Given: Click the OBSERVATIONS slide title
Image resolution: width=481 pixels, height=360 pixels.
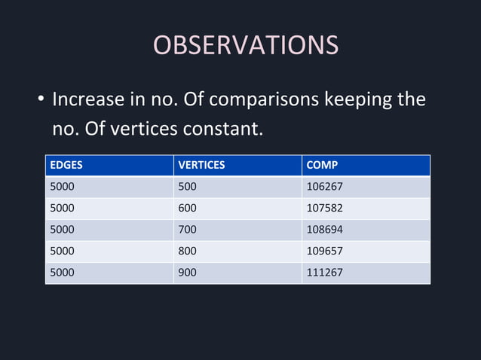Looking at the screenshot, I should click(x=246, y=45).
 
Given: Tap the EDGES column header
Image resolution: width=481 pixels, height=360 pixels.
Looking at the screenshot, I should click(x=66, y=164).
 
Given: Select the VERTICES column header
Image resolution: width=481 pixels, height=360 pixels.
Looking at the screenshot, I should click(x=201, y=164).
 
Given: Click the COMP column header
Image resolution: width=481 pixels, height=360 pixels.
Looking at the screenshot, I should click(x=322, y=164).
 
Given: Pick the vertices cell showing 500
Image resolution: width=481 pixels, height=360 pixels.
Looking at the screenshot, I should click(x=186, y=186).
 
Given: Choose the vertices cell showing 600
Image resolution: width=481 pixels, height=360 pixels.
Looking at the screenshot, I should click(x=186, y=208).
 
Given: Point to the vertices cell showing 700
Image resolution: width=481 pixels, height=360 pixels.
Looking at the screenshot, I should click(x=186, y=230).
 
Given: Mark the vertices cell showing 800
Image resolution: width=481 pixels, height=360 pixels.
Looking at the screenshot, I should click(x=186, y=251).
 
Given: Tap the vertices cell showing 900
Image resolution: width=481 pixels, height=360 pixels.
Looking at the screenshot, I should click(x=186, y=273).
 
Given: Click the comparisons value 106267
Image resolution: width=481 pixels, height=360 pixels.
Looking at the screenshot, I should click(x=324, y=186).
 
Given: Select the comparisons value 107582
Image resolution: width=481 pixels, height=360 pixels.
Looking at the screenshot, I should click(x=324, y=208).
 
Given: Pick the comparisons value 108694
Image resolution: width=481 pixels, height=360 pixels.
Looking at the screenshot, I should click(x=324, y=230).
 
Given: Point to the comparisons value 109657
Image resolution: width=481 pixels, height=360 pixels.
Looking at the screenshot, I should click(x=324, y=251).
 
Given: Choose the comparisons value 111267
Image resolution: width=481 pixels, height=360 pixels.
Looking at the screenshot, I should click(x=324, y=273).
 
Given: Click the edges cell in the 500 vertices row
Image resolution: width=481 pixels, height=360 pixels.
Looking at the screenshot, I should click(x=62, y=186).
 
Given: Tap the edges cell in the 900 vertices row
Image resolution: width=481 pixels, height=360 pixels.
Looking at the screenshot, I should click(x=62, y=273).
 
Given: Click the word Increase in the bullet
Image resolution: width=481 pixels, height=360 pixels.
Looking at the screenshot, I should click(x=88, y=99).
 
